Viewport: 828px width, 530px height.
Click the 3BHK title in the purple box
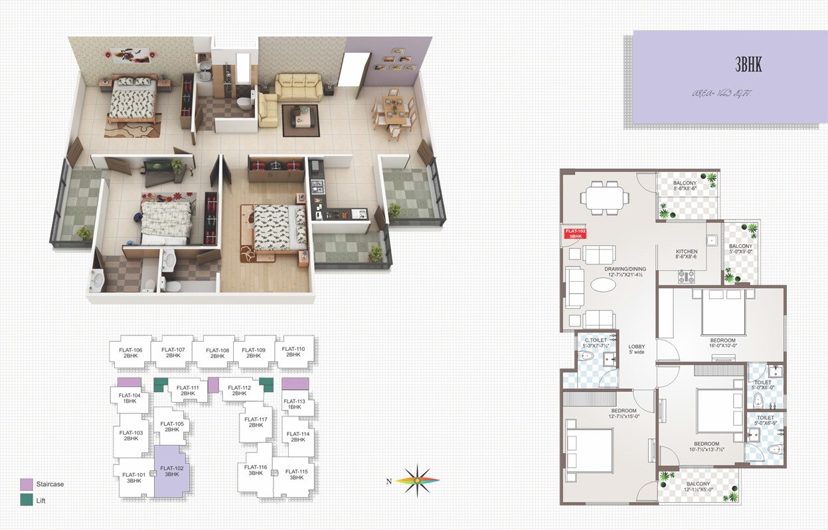pyautogui.click(x=748, y=64)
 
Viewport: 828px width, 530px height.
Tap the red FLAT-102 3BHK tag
pyautogui.click(x=574, y=233)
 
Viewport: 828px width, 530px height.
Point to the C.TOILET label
pyautogui.click(x=595, y=343)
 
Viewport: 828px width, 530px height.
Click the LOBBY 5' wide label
pyautogui.click(x=637, y=349)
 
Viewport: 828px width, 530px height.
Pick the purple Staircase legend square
pyautogui.click(x=27, y=484)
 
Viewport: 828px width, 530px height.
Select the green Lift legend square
pyautogui.click(x=27, y=500)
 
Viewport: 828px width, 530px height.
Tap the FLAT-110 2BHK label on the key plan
pyautogui.click(x=293, y=352)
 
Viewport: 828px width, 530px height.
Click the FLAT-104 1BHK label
pyautogui.click(x=130, y=398)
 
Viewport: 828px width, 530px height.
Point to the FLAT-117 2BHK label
pyautogui.click(x=256, y=422)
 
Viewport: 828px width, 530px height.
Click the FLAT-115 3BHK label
pyautogui.click(x=296, y=475)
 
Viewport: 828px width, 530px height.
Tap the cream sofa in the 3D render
pyautogui.click(x=299, y=87)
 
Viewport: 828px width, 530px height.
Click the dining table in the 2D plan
pyautogui.click(x=604, y=197)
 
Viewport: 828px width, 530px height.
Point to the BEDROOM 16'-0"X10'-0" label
pyautogui.click(x=722, y=342)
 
